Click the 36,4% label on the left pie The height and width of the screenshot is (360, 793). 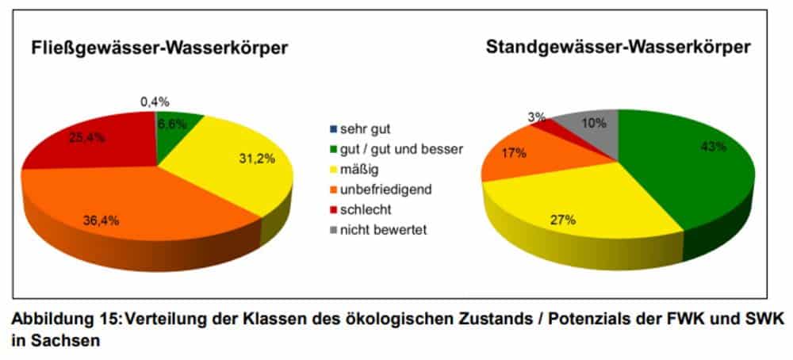(x=102, y=220)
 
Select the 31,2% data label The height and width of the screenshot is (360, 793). (x=258, y=159)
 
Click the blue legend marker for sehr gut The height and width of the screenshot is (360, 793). (x=334, y=128)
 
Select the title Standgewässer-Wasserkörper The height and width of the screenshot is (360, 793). (x=617, y=48)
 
